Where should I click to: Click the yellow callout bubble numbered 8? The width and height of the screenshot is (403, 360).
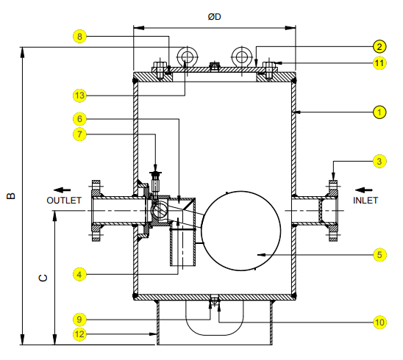(x=79, y=37)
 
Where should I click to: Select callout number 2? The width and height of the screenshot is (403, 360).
(x=379, y=47)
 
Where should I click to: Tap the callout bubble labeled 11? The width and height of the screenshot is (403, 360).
(x=379, y=63)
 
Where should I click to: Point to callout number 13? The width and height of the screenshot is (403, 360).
(x=79, y=96)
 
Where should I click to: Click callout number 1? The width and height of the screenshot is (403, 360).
(x=379, y=112)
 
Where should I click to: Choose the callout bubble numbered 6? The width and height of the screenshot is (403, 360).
(x=79, y=119)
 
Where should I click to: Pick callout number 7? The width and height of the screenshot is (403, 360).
(x=79, y=134)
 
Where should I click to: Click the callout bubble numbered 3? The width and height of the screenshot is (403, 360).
(x=379, y=162)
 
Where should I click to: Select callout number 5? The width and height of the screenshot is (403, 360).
(x=379, y=255)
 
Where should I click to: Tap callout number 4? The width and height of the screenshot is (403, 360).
(x=79, y=275)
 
